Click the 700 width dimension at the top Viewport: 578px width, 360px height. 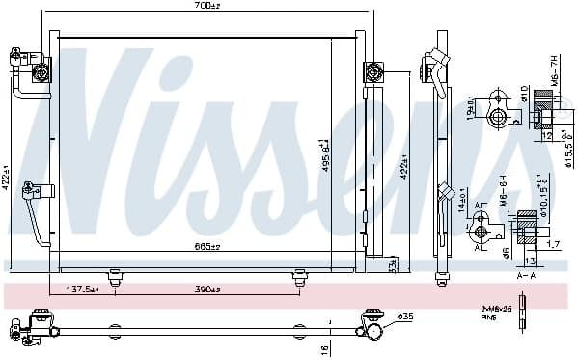point(206,8)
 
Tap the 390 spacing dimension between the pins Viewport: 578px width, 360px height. point(206,290)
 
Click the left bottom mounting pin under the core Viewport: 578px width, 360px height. point(115,278)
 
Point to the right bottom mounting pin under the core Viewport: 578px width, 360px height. point(297,278)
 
